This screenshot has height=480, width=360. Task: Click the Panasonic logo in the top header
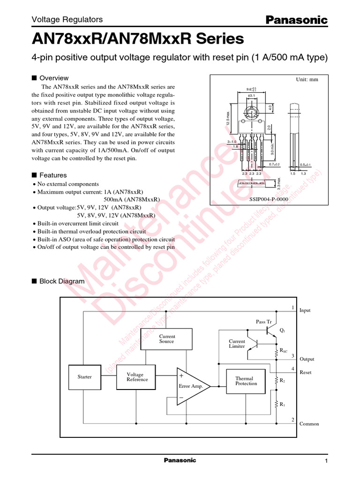click(x=297, y=20)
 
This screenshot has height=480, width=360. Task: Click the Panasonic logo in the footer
click(x=180, y=460)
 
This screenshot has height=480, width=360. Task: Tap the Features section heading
click(x=53, y=175)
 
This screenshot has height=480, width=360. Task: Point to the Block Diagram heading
click(x=61, y=281)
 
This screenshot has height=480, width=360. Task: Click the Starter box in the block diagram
click(x=85, y=377)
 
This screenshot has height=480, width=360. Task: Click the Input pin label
click(x=305, y=310)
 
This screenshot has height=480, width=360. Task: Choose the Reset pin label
click(x=305, y=372)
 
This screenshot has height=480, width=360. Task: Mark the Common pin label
click(x=309, y=424)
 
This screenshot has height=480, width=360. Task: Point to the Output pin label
click(x=307, y=359)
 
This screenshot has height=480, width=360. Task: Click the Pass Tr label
click(x=263, y=322)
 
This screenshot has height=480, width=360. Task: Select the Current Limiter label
click(x=237, y=344)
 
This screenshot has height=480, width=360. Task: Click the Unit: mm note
click(x=307, y=80)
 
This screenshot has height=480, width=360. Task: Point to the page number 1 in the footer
click(x=326, y=462)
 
